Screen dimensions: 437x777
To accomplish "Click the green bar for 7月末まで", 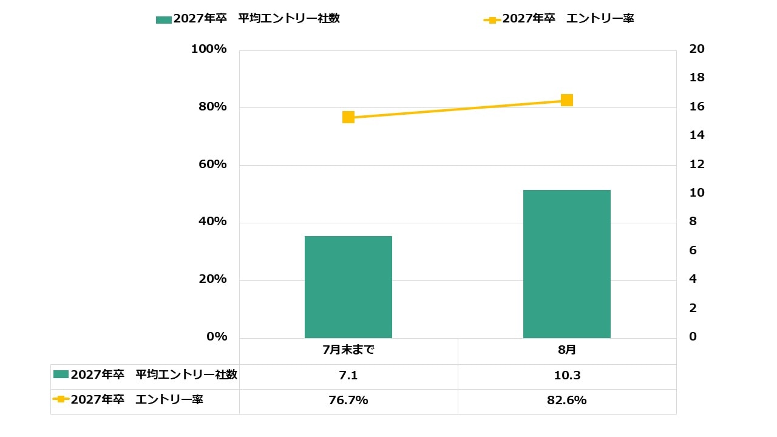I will click(x=348, y=286).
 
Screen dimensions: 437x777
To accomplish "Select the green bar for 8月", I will click(x=567, y=263).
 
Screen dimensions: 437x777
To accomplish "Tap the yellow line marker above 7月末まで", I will click(x=348, y=117).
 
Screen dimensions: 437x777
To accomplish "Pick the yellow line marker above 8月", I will click(x=567, y=100).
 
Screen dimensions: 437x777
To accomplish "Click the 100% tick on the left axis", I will click(x=209, y=49).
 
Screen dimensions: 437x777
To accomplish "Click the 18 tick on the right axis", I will click(x=697, y=78).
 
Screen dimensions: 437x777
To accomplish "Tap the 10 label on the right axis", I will click(x=697, y=193).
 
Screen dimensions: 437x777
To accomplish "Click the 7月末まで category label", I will click(x=348, y=351).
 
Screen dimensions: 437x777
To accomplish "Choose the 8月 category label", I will click(x=567, y=351).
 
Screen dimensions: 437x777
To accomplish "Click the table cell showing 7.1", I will click(x=348, y=376).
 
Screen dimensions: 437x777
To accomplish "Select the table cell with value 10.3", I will click(x=567, y=376).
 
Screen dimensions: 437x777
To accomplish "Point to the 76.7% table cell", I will click(x=348, y=401).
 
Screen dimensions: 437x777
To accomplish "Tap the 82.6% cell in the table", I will click(x=567, y=401).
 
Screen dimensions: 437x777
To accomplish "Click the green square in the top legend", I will click(x=163, y=19).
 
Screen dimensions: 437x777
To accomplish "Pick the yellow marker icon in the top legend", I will click(x=492, y=19).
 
